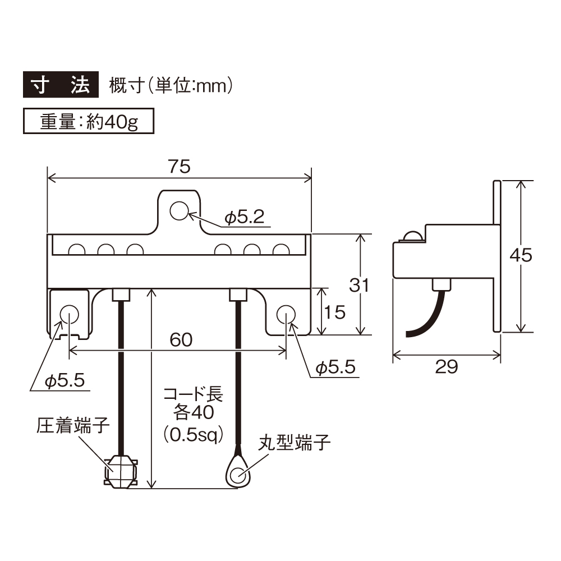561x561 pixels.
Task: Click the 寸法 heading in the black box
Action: [x=60, y=85]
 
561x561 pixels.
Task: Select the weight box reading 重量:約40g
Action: [x=89, y=122]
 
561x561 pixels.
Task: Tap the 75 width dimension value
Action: [x=180, y=166]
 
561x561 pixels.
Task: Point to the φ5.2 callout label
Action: [x=245, y=217]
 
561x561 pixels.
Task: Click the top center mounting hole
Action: [x=180, y=211]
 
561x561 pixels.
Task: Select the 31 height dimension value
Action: [x=360, y=285]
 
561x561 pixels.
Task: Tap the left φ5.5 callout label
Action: [x=65, y=381]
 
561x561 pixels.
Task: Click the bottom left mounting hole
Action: [x=69, y=313]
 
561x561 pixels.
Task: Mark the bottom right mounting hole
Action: [x=286, y=313]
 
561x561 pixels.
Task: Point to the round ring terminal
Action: [x=239, y=471]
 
